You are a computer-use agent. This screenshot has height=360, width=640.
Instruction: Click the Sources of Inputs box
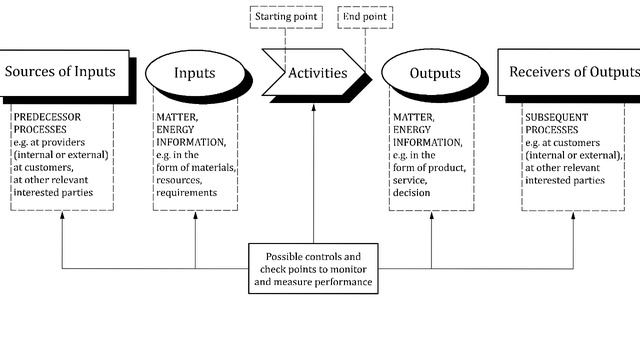pos(60,72)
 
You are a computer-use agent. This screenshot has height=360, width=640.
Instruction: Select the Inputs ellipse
pos(194,73)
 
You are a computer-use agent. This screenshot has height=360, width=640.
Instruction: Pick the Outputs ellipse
pos(434,73)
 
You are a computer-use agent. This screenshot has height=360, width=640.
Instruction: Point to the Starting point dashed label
pos(285,17)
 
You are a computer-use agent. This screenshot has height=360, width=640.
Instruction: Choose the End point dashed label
pos(365,17)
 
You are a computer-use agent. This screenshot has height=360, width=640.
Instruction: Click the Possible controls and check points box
pos(313,267)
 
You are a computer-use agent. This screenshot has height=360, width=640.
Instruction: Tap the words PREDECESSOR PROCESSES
pos(51,123)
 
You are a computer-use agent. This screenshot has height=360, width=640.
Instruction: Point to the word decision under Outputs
pos(412,193)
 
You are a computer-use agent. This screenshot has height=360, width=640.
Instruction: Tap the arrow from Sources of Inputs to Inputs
pos(137,73)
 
